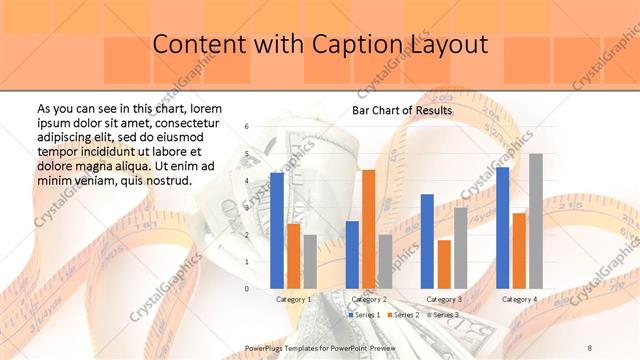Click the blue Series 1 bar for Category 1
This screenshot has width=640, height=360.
pyautogui.click(x=277, y=230)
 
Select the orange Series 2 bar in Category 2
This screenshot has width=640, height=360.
pyautogui.click(x=369, y=229)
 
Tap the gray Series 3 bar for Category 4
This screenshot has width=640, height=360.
pyautogui.click(x=536, y=221)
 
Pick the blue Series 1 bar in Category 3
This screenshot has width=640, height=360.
pyautogui.click(x=427, y=241)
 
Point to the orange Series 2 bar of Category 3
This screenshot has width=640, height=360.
pyautogui.click(x=444, y=264)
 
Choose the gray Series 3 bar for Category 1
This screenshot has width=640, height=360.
pyautogui.click(x=310, y=261)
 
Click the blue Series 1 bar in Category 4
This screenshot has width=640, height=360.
pyautogui.click(x=502, y=227)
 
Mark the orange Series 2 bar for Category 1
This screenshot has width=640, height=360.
pyautogui.click(x=294, y=255)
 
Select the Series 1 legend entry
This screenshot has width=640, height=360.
pyautogui.click(x=363, y=315)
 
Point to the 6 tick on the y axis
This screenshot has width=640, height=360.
pyautogui.click(x=246, y=127)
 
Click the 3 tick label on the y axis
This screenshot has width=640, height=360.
pyautogui.click(x=246, y=208)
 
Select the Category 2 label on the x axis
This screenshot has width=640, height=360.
pyautogui.click(x=369, y=299)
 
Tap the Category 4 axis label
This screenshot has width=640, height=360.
pyautogui.click(x=519, y=299)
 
